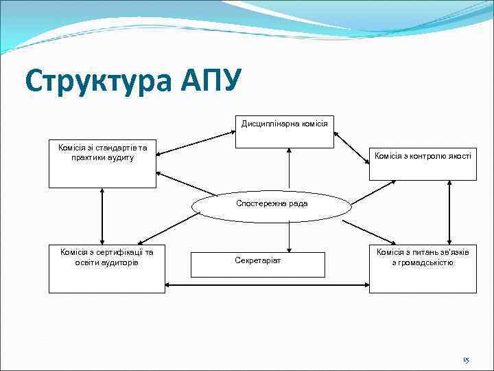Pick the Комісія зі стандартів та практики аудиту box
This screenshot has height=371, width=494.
(103, 164)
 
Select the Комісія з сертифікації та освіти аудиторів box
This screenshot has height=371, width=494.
(106, 269)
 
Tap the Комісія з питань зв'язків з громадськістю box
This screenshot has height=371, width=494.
(423, 269)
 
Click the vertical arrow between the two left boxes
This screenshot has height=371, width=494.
(102, 216)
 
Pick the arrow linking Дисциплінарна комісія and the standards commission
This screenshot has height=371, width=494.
(196, 144)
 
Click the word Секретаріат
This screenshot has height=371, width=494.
(257, 261)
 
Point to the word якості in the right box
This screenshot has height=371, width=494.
(459, 156)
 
